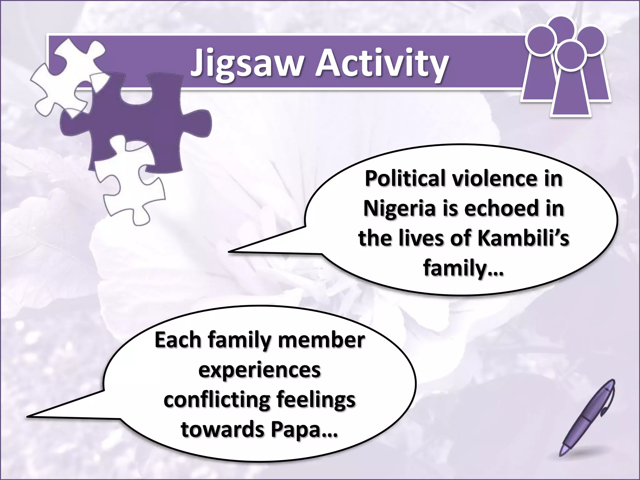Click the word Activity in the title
coord(382,64)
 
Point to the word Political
coord(406,179)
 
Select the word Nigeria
coord(399,208)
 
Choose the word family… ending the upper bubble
coord(463,267)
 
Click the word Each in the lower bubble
coord(178,340)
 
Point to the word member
coord(322,340)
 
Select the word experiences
coord(259,370)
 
